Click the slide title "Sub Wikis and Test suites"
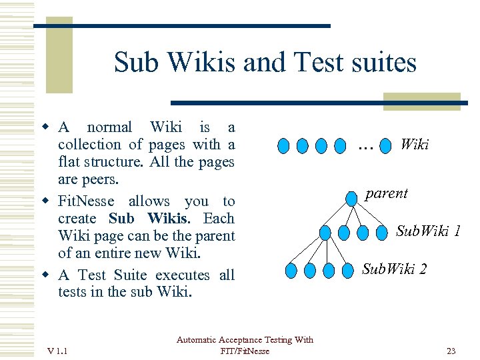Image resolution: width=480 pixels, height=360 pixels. tap(265, 63)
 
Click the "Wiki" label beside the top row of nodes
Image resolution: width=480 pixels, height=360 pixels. tap(414, 145)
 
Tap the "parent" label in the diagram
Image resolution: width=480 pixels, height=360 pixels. tap(386, 193)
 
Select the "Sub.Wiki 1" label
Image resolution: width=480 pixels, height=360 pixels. tap(428, 231)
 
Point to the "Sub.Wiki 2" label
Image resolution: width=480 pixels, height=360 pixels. tap(394, 269)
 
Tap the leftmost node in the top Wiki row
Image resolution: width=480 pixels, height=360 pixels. tap(283, 145)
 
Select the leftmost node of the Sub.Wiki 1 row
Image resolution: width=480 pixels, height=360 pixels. tap(325, 233)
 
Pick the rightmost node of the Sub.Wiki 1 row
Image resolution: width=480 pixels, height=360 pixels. tap(382, 233)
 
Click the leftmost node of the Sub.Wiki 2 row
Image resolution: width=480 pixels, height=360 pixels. tap(291, 271)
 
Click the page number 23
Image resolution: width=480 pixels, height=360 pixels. tap(451, 351)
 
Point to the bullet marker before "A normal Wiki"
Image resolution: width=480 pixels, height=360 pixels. tap(47, 127)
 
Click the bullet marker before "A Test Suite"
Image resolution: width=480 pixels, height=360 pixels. tap(47, 275)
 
